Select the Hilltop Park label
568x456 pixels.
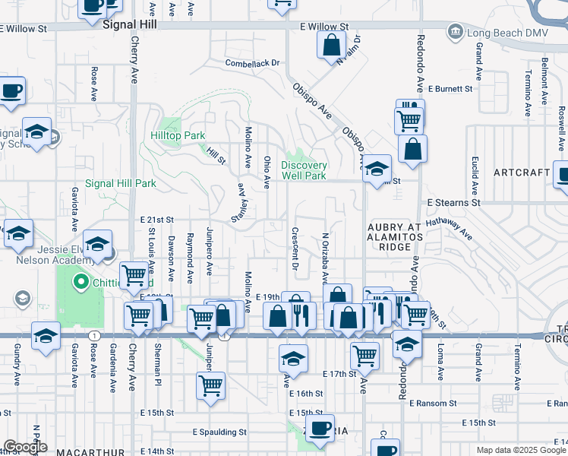[178, 135]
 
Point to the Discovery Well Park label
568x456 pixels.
[304, 170]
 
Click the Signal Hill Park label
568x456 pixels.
[120, 183]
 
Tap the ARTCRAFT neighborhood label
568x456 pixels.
[521, 173]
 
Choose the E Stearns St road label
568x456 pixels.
[453, 203]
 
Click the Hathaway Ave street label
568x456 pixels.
[450, 226]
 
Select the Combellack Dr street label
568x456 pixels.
[252, 63]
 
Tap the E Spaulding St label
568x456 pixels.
[219, 432]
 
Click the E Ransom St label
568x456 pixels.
[432, 403]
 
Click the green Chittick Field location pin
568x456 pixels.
[80, 283]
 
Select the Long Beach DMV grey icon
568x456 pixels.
[455, 31]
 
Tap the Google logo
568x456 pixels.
[26, 447]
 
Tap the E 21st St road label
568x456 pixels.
[157, 219]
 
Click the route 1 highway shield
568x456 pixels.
[93, 335]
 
